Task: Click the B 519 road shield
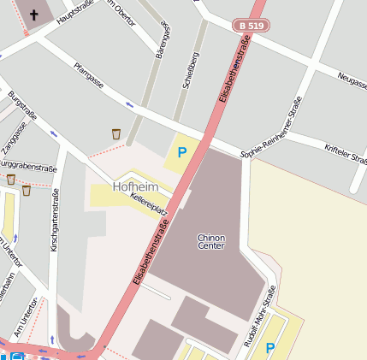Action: click(x=251, y=27)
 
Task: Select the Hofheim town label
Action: click(x=135, y=186)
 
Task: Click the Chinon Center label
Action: click(x=210, y=241)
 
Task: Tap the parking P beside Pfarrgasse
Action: click(x=181, y=152)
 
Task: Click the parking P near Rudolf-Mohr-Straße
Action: click(x=270, y=347)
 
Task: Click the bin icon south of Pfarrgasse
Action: click(x=116, y=133)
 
